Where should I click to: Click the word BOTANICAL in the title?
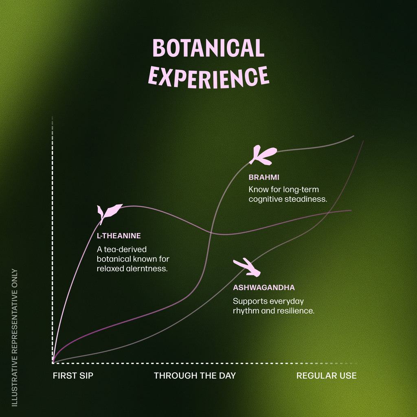click(208, 48)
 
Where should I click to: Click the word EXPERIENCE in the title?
click(209, 77)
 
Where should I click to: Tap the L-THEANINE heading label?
click(119, 236)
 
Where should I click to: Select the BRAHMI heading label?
click(264, 178)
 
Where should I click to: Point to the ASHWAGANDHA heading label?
click(264, 288)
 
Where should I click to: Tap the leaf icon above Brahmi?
click(263, 155)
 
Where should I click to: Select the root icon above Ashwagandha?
click(247, 267)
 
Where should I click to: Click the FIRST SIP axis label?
click(73, 375)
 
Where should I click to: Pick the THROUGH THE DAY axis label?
click(195, 375)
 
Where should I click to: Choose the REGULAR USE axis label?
click(327, 375)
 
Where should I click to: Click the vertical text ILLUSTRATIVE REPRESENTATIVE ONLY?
click(15, 338)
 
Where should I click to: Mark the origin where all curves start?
click(53, 363)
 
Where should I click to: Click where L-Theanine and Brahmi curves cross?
click(211, 233)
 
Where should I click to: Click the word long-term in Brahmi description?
click(301, 190)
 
